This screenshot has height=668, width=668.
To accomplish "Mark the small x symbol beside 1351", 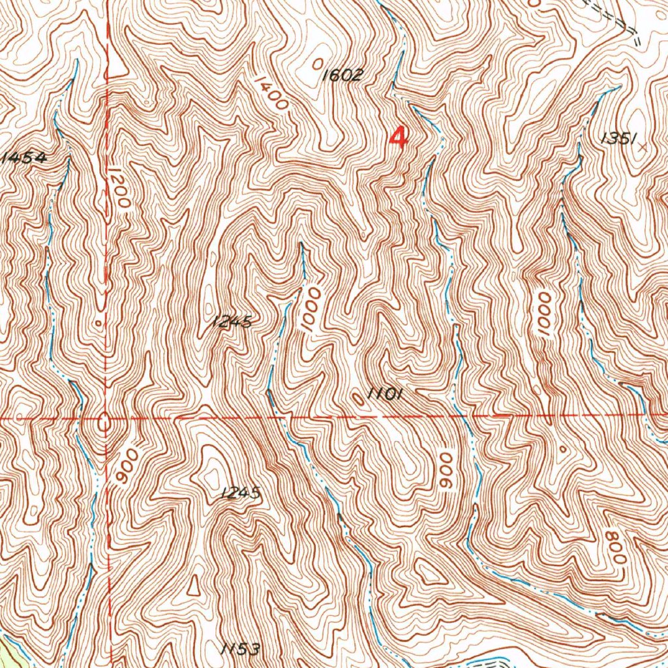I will pos(645,147).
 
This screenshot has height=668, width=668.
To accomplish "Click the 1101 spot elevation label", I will pos(386,393).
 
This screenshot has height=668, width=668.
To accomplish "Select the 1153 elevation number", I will pos(240,649).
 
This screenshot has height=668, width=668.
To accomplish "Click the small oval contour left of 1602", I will pos(316,63).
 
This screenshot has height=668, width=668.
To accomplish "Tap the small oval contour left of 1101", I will pos(357,398).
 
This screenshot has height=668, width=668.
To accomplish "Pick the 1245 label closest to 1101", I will pos(232,322).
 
